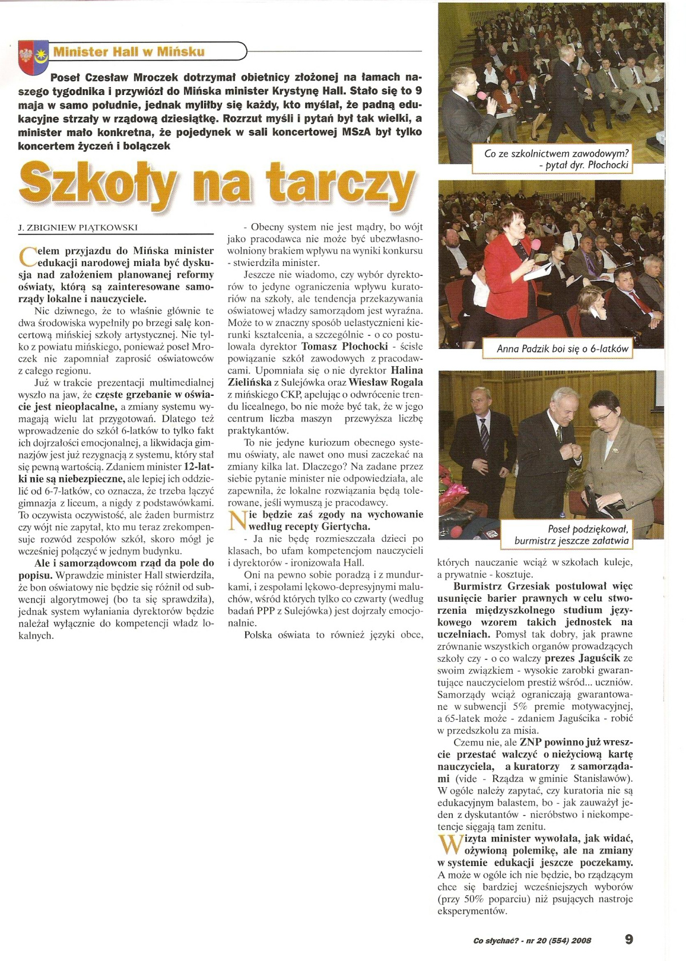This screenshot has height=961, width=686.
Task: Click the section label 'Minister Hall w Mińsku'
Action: (x=129, y=52)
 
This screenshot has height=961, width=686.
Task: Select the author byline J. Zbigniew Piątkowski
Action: (x=78, y=227)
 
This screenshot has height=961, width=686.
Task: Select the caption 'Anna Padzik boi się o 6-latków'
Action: (x=563, y=348)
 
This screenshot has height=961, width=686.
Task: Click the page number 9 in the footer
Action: (x=629, y=939)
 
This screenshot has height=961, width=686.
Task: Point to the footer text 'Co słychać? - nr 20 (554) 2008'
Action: (x=533, y=940)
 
